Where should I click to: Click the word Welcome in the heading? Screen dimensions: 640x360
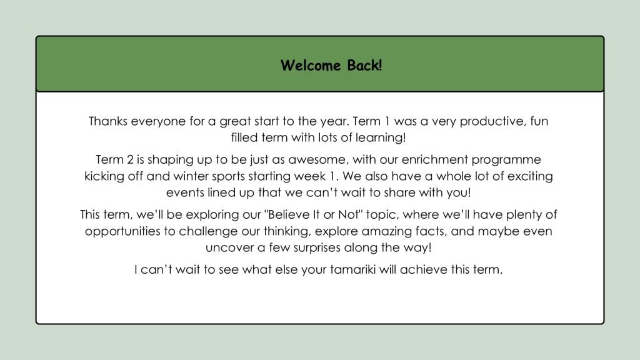[310, 65]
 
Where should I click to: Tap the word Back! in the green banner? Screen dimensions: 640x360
[364, 65]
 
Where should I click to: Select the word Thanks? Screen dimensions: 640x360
[108, 121]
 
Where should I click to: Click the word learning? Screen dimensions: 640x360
[381, 137]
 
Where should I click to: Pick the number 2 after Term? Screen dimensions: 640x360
[130, 159]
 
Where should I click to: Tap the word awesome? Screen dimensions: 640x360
[318, 160]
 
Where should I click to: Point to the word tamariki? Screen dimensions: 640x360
[352, 270]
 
